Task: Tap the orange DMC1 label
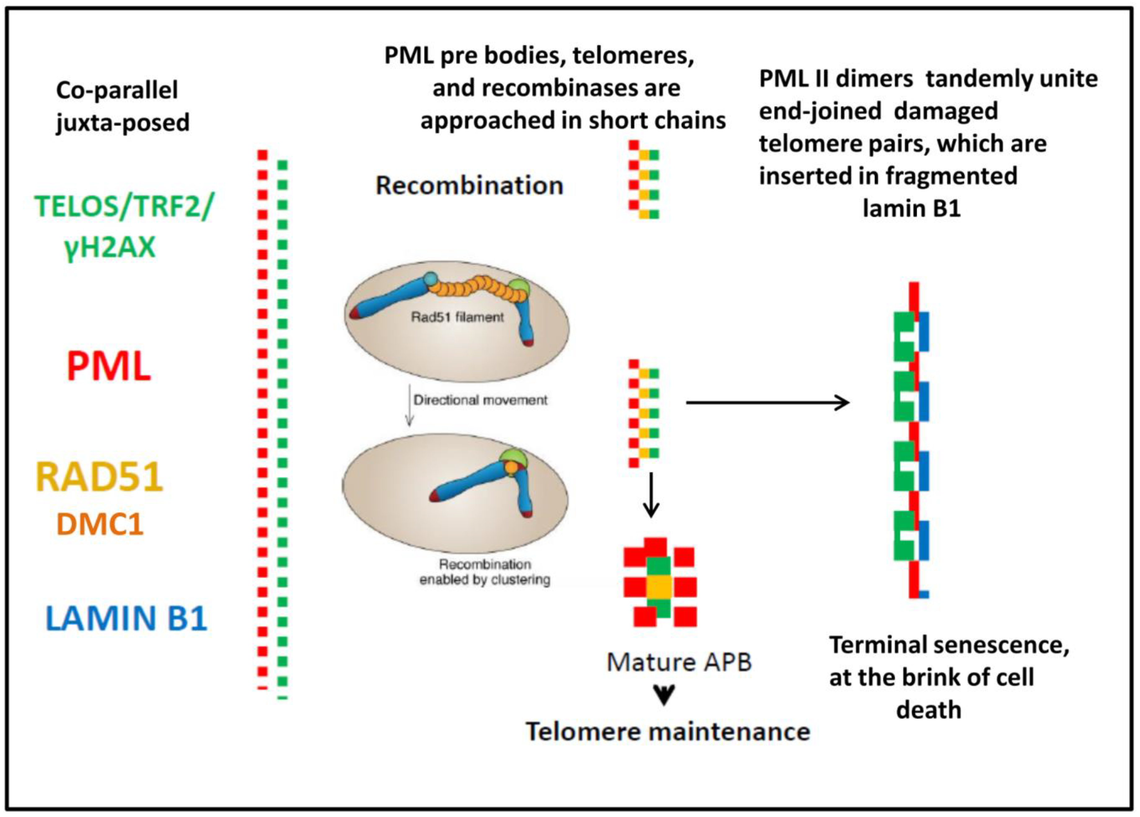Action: [100, 524]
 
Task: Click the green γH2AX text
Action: [110, 247]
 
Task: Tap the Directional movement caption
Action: [480, 400]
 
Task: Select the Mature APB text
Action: [678, 662]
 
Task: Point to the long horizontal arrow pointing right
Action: [768, 402]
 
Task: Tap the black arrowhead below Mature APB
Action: [665, 696]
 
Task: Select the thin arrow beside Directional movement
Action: [410, 405]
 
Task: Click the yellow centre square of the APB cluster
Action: [659, 586]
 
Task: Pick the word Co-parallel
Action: [117, 90]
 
